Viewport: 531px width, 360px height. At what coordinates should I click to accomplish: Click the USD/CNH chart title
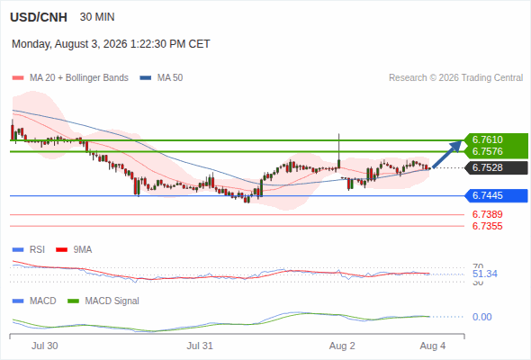[39, 17]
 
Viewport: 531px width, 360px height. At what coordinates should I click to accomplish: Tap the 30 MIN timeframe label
[97, 17]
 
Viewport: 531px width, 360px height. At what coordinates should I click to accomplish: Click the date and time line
[111, 44]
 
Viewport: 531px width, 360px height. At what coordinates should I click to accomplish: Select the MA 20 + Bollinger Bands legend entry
[70, 78]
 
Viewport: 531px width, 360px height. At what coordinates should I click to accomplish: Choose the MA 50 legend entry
[161, 78]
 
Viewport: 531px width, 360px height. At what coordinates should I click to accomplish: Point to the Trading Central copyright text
[455, 78]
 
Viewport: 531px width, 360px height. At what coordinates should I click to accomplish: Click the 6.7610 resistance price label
[488, 139]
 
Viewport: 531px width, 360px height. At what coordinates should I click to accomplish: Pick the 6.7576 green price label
[488, 151]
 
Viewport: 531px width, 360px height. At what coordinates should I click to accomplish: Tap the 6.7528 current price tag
[488, 167]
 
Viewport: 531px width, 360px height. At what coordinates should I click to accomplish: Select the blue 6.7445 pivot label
[488, 195]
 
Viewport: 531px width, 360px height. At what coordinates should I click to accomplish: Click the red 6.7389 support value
[487, 214]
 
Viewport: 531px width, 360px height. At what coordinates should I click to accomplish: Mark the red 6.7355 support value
[487, 226]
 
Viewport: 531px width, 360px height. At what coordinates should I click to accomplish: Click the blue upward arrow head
[456, 146]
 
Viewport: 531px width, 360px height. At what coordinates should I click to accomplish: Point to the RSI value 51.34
[485, 274]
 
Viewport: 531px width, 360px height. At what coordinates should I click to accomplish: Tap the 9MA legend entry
[74, 250]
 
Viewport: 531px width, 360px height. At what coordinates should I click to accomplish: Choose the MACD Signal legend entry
[103, 301]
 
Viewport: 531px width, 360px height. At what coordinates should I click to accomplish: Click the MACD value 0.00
[481, 317]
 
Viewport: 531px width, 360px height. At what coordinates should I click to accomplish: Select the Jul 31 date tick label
[200, 346]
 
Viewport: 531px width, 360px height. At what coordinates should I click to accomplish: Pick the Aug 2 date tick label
[342, 346]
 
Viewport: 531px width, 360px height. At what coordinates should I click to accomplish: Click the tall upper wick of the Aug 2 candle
[338, 147]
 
